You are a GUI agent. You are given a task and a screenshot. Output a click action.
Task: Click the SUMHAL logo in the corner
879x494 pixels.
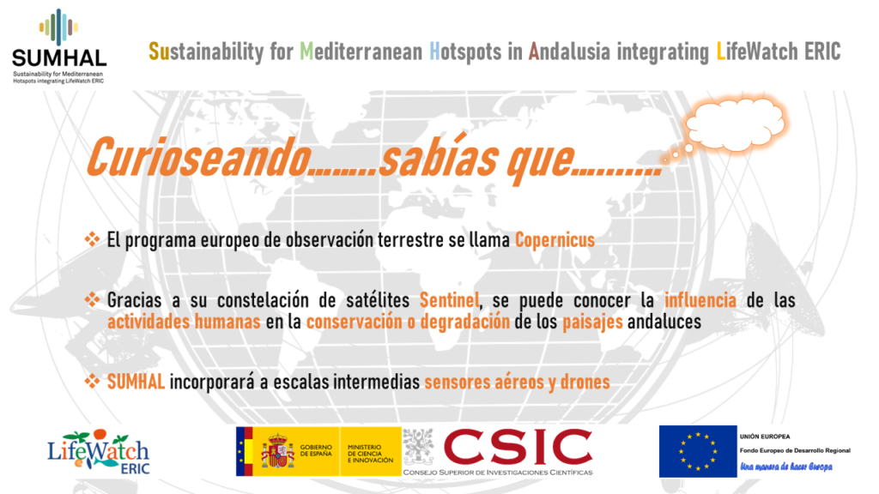(x=59, y=46)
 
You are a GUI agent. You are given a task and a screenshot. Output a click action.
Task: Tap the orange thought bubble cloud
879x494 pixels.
(x=735, y=125)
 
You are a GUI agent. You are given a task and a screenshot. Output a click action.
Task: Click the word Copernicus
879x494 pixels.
(x=555, y=240)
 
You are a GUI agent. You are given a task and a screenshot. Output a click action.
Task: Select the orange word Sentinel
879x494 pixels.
(x=450, y=300)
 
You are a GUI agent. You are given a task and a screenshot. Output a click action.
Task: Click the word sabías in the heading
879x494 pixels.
(x=439, y=156)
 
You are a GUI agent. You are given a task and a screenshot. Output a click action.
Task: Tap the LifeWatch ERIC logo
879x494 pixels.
(x=99, y=452)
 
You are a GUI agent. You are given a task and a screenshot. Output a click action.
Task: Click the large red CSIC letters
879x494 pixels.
(x=518, y=447)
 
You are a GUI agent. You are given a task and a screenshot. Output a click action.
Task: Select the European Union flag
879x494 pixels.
(x=697, y=451)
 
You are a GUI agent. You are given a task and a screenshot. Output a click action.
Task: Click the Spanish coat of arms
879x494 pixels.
(x=277, y=451)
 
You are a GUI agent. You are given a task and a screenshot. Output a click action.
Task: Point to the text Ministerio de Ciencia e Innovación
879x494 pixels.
(x=370, y=454)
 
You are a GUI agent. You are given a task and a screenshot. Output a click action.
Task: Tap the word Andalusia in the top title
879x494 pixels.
(x=569, y=52)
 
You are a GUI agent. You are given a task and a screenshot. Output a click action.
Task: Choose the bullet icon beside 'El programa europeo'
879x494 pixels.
(x=92, y=240)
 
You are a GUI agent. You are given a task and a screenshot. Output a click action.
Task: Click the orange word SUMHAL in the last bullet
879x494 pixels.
(x=136, y=382)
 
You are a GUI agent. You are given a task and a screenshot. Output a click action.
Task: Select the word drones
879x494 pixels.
(x=585, y=382)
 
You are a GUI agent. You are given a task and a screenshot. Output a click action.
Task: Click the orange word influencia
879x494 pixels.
(x=700, y=300)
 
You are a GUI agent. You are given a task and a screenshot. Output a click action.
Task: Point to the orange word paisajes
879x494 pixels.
(x=592, y=322)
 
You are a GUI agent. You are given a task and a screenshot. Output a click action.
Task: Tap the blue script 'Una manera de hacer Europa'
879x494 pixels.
(x=786, y=467)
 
